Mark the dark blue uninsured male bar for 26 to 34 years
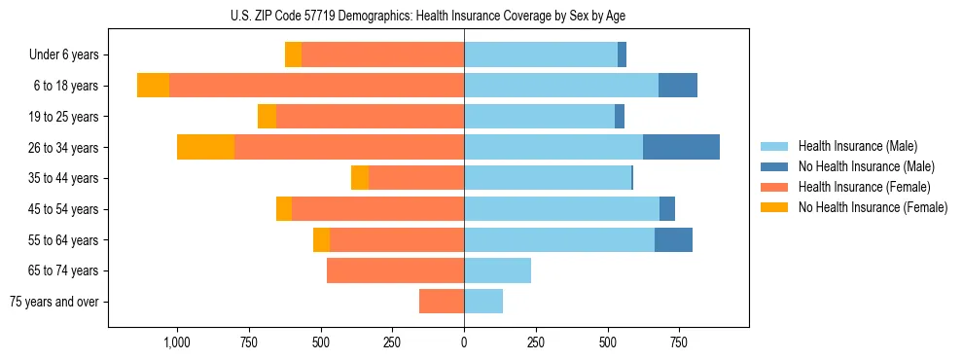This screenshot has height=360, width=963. point(681,147)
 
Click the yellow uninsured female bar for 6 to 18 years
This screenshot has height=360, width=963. point(153,86)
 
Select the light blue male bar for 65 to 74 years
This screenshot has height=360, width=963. point(497,270)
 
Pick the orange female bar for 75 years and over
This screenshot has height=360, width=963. point(442,302)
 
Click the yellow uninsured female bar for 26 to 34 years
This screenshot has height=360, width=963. point(205,147)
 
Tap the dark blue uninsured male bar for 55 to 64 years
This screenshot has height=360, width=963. point(673,239)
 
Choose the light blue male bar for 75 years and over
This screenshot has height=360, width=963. point(483,302)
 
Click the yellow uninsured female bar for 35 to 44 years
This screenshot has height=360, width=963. point(360,178)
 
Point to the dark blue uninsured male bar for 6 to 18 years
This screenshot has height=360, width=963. point(678,86)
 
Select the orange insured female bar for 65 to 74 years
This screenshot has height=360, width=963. point(395,270)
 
